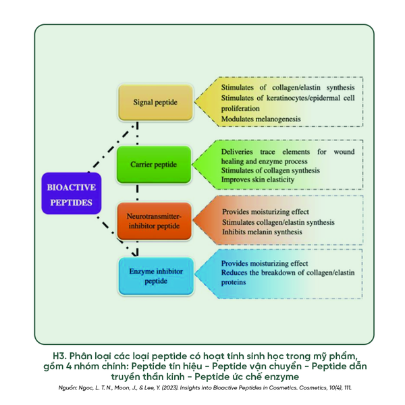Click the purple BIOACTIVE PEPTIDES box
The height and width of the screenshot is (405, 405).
click(72, 194)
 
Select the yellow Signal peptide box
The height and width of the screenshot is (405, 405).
click(155, 103)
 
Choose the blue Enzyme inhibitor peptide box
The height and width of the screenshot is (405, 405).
click(155, 275)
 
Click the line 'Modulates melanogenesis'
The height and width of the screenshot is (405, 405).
click(261, 119)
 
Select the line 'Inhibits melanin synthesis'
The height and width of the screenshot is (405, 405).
click(263, 232)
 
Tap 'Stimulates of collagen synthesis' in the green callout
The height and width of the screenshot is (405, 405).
click(270, 171)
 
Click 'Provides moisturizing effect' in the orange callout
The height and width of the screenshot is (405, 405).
click(265, 212)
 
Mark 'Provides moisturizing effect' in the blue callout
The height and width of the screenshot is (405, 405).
click(265, 263)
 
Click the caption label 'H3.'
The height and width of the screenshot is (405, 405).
click(59, 356)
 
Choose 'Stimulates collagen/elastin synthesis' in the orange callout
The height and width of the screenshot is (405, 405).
click(278, 222)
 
